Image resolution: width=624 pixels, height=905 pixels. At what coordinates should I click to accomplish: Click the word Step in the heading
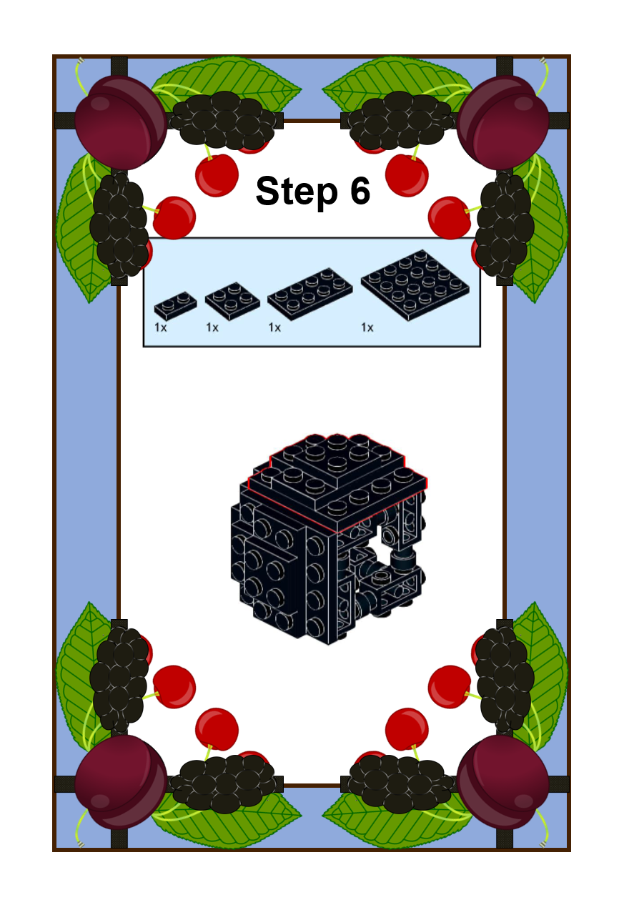[x=297, y=191]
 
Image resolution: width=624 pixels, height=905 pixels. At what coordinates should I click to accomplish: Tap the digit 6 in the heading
[x=360, y=190]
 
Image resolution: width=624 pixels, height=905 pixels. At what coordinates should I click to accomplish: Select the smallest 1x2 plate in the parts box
[x=175, y=305]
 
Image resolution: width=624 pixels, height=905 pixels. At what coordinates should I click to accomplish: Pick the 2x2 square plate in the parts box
[x=232, y=300]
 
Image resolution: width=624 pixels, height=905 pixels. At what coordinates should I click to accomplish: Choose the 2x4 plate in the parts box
[x=309, y=294]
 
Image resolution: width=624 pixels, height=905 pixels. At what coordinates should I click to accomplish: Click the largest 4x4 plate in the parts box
[x=415, y=285]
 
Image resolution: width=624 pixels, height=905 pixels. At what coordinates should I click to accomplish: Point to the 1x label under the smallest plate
[x=160, y=327]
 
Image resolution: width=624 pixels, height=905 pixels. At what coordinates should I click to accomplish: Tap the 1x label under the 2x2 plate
[x=212, y=327]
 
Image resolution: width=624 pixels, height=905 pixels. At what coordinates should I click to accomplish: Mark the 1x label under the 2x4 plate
[x=274, y=327]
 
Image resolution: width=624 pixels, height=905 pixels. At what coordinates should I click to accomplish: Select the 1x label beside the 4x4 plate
[x=367, y=327]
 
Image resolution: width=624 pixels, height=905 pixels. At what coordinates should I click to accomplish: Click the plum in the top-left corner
[x=121, y=122]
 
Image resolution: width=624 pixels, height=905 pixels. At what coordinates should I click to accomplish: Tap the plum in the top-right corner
[x=502, y=122]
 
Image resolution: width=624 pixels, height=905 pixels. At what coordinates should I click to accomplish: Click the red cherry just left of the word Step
[x=217, y=175]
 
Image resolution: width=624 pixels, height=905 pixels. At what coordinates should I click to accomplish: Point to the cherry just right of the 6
[x=407, y=175]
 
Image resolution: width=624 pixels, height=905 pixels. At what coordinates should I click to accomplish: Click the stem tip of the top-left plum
[x=81, y=61]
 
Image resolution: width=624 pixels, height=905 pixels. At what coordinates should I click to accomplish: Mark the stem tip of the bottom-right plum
[x=543, y=844]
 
